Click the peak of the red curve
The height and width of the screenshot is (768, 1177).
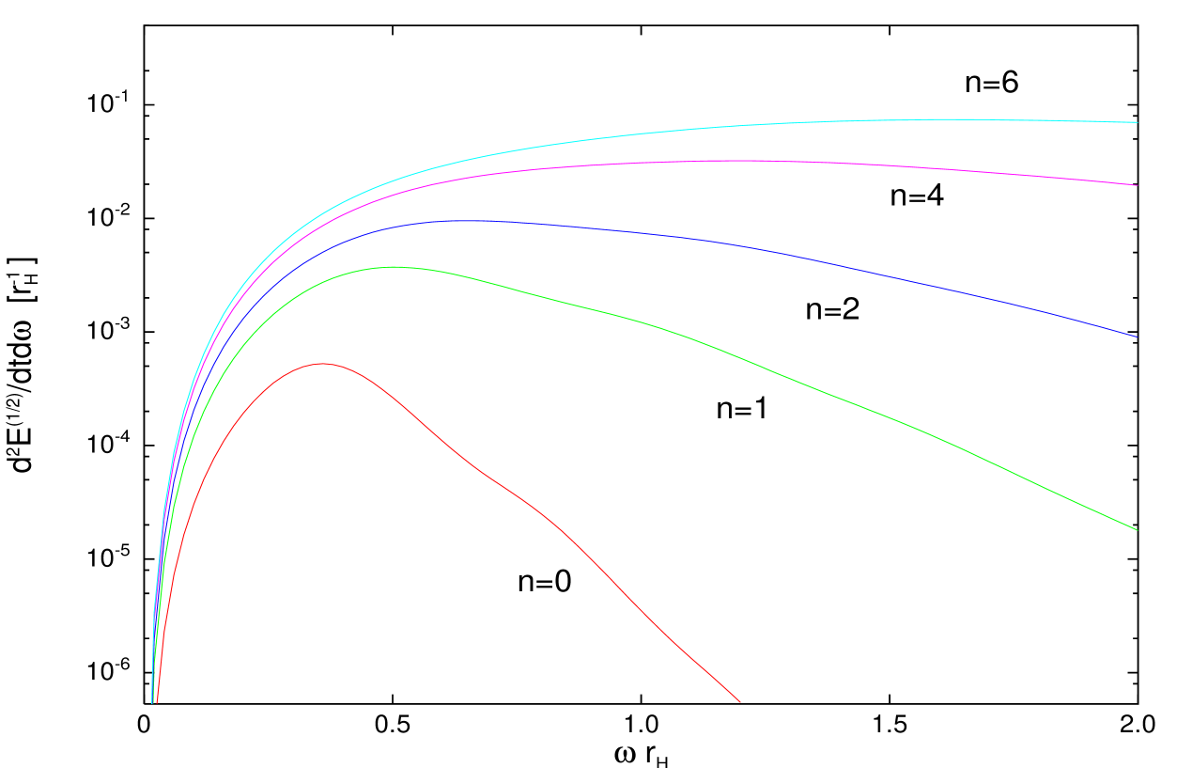tap(323, 363)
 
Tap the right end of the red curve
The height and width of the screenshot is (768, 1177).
tap(740, 701)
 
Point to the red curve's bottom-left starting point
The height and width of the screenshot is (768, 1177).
tap(157, 701)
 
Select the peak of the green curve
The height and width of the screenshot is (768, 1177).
tap(393, 267)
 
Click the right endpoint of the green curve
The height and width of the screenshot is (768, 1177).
tap(1137, 530)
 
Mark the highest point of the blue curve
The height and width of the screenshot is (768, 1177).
tap(470, 220)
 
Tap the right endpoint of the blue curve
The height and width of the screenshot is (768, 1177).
tap(1137, 337)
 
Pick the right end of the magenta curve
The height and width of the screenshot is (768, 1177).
tap(1137, 185)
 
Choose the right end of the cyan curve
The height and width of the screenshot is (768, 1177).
tap(1137, 122)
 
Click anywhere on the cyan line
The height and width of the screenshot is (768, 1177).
tap(751, 125)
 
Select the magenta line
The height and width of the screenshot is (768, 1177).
tap(751, 161)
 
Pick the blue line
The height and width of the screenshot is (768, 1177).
tap(751, 246)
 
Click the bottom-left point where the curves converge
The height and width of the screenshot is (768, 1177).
tap(153, 696)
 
